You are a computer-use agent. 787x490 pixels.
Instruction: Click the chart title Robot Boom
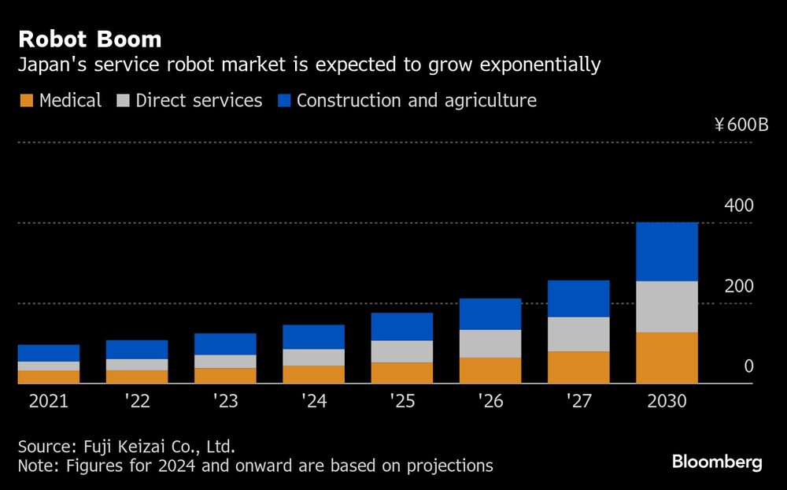90,39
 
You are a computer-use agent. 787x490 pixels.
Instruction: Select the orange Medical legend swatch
26,101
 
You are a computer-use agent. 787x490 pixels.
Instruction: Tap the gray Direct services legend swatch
123,101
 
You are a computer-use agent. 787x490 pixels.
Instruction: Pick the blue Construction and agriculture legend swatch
283,101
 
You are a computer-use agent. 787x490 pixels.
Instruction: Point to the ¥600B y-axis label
741,124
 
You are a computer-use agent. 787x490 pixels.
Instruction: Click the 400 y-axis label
738,206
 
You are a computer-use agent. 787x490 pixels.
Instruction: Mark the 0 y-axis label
748,366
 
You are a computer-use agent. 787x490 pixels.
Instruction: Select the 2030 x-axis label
667,401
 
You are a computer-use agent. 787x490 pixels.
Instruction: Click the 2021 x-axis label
49,401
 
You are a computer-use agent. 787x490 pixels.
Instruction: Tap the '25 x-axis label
401,401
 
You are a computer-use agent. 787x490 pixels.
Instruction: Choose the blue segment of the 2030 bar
667,251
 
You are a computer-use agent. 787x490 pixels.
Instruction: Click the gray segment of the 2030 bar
667,306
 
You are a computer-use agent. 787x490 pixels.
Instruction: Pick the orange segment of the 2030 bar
667,358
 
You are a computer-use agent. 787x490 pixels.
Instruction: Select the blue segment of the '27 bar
578,299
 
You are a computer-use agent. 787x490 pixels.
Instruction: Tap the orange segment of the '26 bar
490,370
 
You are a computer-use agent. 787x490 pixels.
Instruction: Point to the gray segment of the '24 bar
313,357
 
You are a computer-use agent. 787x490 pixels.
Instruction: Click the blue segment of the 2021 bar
49,353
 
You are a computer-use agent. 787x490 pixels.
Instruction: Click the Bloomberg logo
717,462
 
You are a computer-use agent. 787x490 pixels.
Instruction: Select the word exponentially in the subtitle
535,65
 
